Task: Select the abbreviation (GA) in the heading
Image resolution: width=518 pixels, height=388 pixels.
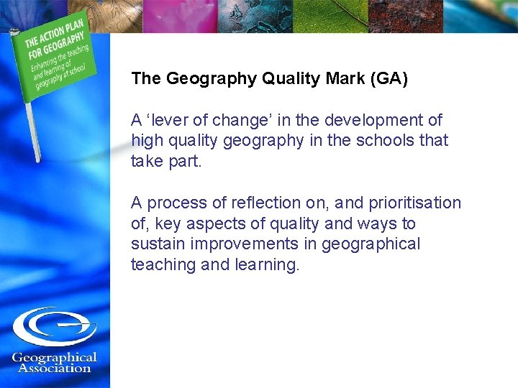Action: point(388,79)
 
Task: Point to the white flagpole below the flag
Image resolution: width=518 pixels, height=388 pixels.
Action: point(32,129)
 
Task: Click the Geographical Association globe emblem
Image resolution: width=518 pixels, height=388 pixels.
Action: point(54,327)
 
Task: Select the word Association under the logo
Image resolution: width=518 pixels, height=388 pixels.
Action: point(55,369)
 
